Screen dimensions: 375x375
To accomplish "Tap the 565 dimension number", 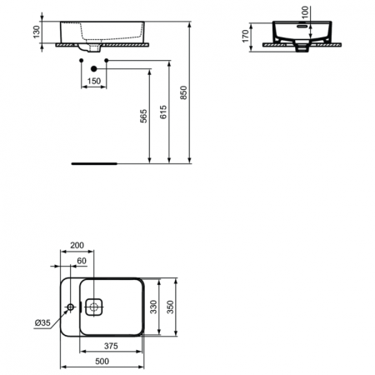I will tap(144, 117).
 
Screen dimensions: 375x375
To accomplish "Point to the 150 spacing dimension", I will tap(92, 81).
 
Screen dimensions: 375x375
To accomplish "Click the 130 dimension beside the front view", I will tap(35, 32).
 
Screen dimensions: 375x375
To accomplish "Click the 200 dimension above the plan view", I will tap(77, 247).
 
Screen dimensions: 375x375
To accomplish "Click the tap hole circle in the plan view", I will tap(70, 308).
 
